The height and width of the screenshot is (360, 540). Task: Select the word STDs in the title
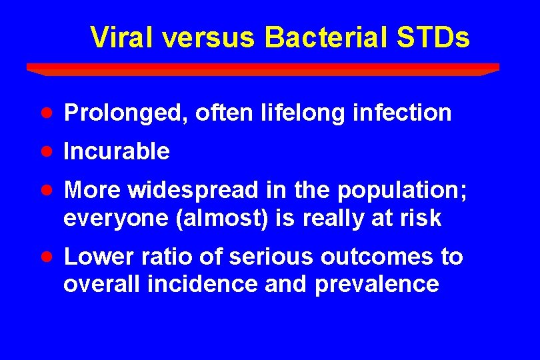point(433,38)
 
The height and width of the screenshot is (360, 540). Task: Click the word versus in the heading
point(208,38)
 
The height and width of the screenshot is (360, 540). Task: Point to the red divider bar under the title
point(263,68)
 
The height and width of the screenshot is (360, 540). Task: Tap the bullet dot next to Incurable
point(45,151)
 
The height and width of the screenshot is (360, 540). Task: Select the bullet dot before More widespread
point(45,190)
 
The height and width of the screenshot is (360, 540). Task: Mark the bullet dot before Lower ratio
point(45,256)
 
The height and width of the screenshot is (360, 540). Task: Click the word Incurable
point(117,151)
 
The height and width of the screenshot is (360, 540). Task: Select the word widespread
point(192,191)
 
